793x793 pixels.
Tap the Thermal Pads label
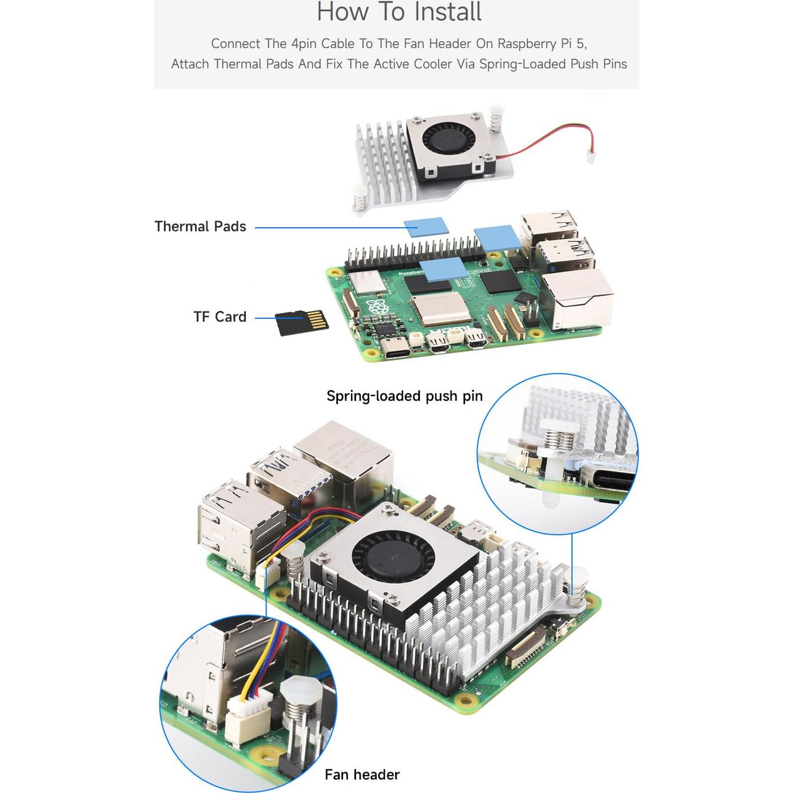pyautogui.click(x=200, y=227)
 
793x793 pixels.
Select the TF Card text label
pyautogui.click(x=220, y=317)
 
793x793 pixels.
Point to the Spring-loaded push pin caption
pyautogui.click(x=404, y=396)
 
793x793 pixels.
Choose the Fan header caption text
pyautogui.click(x=362, y=774)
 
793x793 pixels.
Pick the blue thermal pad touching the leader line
pyautogui.click(x=426, y=226)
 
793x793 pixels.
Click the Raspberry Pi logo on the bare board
pyautogui.click(x=375, y=309)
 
